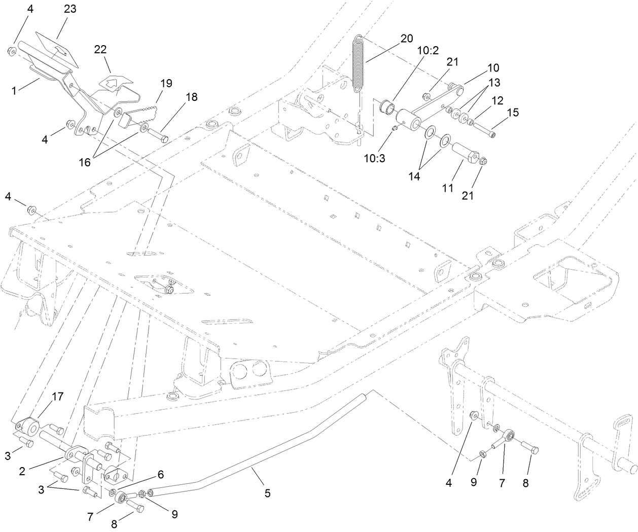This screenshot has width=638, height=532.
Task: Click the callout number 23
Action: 70,9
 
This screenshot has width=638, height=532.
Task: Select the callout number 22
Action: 100,49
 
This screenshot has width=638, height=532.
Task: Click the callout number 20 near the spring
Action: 406,39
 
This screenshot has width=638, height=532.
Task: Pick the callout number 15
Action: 513,113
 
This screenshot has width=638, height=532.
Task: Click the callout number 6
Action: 160,474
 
